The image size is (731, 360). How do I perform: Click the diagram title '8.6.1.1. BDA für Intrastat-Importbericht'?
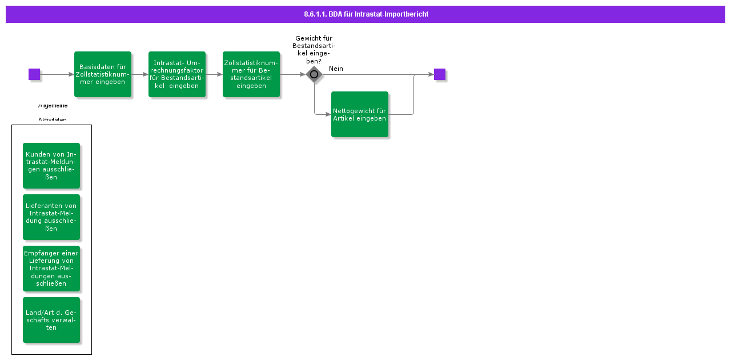(x=365, y=14)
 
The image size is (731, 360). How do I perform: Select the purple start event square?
(x=34, y=74)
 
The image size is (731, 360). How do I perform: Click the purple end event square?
(x=439, y=74)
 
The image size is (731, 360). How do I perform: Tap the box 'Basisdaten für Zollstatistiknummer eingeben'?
(x=103, y=74)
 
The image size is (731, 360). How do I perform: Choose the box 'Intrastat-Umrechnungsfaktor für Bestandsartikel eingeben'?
(x=177, y=74)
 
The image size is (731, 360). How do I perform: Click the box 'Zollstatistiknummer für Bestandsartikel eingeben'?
(x=251, y=74)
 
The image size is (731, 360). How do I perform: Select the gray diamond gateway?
(x=314, y=74)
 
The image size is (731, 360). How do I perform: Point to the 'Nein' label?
(x=336, y=69)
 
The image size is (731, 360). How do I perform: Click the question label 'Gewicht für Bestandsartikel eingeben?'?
(x=314, y=50)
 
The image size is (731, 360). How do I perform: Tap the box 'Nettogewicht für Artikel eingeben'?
(x=360, y=114)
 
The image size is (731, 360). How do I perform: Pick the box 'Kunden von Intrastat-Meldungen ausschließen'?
(x=51, y=166)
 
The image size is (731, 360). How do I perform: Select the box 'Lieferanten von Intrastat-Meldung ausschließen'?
(x=51, y=217)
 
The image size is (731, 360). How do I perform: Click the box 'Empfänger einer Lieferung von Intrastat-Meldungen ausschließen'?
(x=51, y=269)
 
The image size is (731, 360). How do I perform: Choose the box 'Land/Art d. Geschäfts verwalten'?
(x=51, y=320)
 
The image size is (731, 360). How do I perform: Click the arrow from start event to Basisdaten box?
(x=57, y=74)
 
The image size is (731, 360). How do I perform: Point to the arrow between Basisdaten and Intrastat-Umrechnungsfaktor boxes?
(x=140, y=74)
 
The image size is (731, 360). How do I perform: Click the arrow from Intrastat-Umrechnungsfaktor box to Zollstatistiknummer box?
(x=214, y=74)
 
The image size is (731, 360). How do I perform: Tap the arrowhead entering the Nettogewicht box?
(x=328, y=114)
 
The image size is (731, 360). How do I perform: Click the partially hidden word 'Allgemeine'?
(x=53, y=106)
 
